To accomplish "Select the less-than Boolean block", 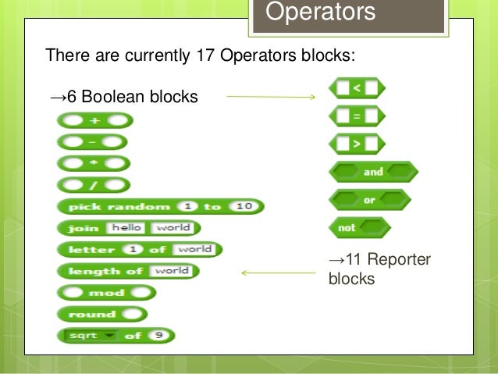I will point(356,88).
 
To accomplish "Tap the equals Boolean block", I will point(356,116).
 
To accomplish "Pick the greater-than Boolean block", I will point(356,144).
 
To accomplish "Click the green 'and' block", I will point(374,172).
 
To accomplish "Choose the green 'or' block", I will point(371,200).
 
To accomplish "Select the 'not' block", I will point(360,228).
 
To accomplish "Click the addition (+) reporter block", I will point(94,120).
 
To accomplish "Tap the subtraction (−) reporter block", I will point(91,142).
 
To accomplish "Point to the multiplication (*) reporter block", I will point(93,163).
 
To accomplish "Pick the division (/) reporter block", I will point(93,185).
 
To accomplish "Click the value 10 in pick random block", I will point(244,206).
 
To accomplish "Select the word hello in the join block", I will point(127,228).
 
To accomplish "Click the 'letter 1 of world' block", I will point(140,250).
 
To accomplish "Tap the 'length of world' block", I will point(128,271).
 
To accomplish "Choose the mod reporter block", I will point(106,293).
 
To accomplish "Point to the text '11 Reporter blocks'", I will point(379,269).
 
